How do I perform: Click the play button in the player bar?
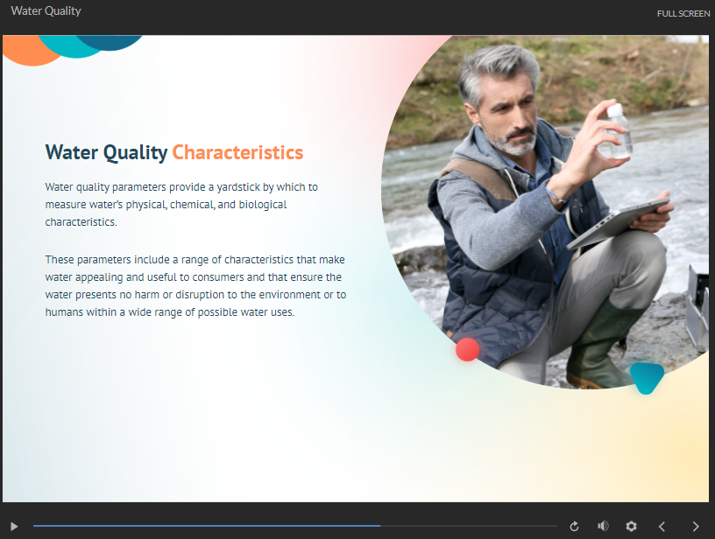click(x=14, y=526)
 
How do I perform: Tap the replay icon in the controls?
click(x=575, y=526)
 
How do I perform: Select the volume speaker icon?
click(x=603, y=526)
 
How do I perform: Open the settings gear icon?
click(x=631, y=526)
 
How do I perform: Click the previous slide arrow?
click(x=662, y=526)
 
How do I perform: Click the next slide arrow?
click(x=696, y=526)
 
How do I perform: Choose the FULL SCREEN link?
click(x=683, y=13)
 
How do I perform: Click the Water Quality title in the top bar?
click(x=46, y=11)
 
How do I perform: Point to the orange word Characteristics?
click(x=237, y=152)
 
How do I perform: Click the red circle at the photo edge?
click(x=468, y=349)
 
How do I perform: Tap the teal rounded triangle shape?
click(x=646, y=377)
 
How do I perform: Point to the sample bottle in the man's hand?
click(x=619, y=131)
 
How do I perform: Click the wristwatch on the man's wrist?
click(x=556, y=196)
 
